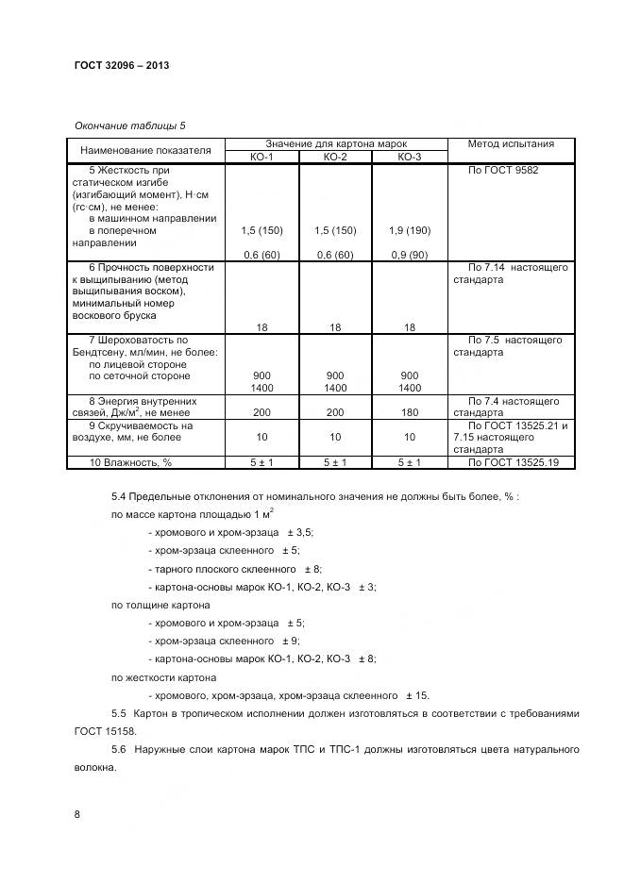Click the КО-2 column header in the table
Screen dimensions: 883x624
[x=335, y=157]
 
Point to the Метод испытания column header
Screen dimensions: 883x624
[x=511, y=144]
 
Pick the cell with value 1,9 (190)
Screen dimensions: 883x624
[x=409, y=230]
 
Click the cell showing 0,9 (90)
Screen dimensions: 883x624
[x=409, y=255]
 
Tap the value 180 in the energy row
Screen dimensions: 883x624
[x=409, y=413]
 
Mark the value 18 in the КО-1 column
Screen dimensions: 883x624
[x=261, y=327]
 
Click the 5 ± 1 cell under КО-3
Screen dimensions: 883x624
[x=409, y=462]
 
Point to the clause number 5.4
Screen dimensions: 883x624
[x=119, y=496]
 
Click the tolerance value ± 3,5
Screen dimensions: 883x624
[x=300, y=532]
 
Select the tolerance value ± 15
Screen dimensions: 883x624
[x=416, y=694]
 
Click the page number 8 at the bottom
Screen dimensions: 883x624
[x=77, y=813]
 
